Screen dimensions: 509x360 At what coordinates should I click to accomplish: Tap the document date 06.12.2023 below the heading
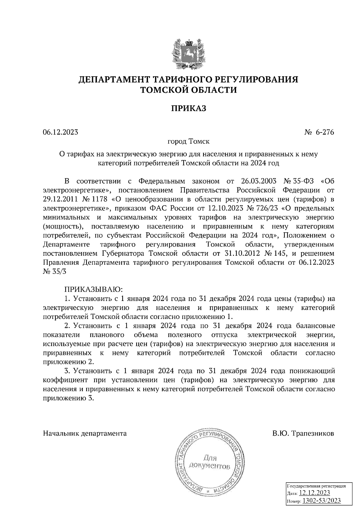pos(60,132)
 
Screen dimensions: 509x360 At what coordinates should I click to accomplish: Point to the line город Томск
pos(188,141)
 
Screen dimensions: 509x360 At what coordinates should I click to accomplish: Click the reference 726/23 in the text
pos(264,208)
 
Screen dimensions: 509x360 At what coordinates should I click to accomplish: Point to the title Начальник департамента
pos(85,433)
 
